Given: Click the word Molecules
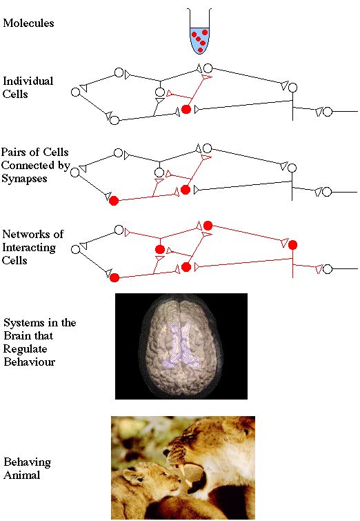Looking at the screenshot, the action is (28, 23).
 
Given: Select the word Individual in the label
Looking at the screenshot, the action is (28, 81).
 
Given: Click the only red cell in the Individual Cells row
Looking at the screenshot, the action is (186, 109).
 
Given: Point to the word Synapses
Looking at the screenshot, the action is (24, 179).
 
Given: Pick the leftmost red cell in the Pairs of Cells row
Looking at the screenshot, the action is (114, 201).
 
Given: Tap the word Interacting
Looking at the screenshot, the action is (29, 248).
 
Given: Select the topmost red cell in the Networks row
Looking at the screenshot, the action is (208, 226).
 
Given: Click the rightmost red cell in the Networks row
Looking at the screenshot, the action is (292, 245).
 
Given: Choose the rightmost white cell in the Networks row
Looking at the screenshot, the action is (328, 269).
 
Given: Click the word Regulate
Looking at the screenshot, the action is (26, 349).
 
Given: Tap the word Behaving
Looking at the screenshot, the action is (27, 462).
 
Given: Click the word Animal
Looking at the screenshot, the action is (22, 475).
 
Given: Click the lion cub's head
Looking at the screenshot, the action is (150, 478).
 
